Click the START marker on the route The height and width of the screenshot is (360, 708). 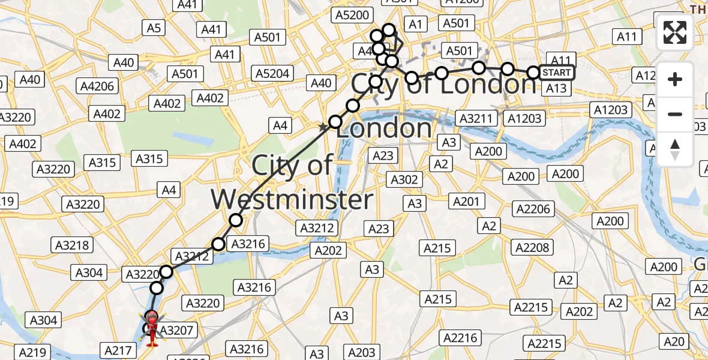[556, 73]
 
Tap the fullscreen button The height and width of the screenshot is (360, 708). [675, 32]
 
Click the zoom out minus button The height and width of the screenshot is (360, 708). [675, 114]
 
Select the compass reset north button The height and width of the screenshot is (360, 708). [675, 149]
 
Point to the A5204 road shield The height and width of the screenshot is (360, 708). [272, 74]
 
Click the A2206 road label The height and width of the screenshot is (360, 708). [532, 208]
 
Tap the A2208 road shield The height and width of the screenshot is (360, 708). [532, 247]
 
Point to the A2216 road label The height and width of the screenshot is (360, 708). [460, 338]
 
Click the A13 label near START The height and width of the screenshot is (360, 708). [556, 88]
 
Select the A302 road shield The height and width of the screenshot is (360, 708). [404, 179]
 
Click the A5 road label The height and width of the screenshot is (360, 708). [154, 28]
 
